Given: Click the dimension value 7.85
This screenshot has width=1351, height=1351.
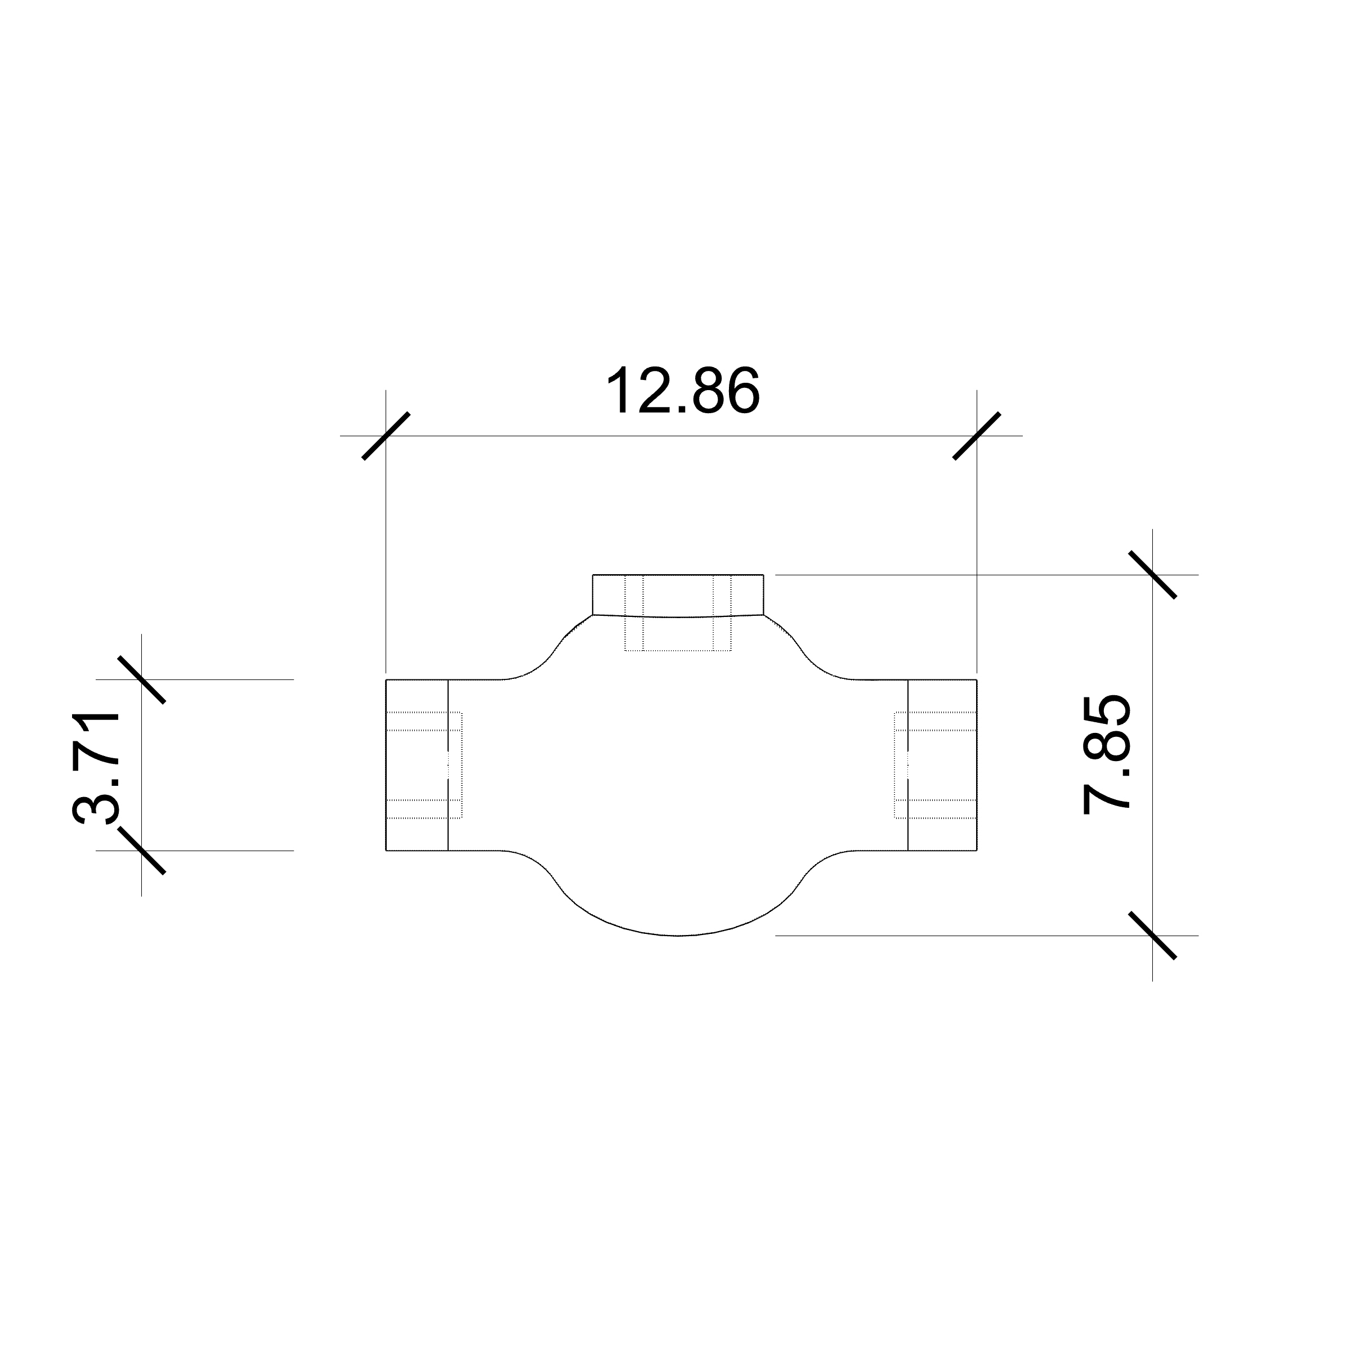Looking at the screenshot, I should (x=1107, y=754).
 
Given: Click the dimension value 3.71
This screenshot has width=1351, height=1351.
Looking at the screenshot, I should (x=96, y=767).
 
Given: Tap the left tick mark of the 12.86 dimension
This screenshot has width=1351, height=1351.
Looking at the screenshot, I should (x=386, y=436).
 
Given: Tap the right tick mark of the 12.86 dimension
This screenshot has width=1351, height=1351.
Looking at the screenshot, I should (x=977, y=436).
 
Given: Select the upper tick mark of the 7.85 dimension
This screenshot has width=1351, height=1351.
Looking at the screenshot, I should (x=1152, y=575).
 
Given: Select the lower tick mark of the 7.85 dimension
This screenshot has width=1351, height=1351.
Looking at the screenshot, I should (x=1152, y=936).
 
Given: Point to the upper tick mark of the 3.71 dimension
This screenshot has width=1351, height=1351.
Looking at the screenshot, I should (x=142, y=679).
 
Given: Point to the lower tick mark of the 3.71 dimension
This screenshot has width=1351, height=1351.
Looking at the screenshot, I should (x=142, y=851).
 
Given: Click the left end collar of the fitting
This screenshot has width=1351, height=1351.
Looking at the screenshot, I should (x=417, y=765).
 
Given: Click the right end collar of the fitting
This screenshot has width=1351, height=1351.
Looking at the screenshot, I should (x=942, y=765).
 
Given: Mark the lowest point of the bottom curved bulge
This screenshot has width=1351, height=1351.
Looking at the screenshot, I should (x=678, y=935).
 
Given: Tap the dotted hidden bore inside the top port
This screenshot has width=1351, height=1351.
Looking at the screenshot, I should (x=678, y=633).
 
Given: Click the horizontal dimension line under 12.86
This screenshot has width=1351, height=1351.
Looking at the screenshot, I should (x=682, y=436).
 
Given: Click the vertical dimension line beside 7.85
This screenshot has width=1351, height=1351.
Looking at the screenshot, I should (x=1152, y=755).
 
